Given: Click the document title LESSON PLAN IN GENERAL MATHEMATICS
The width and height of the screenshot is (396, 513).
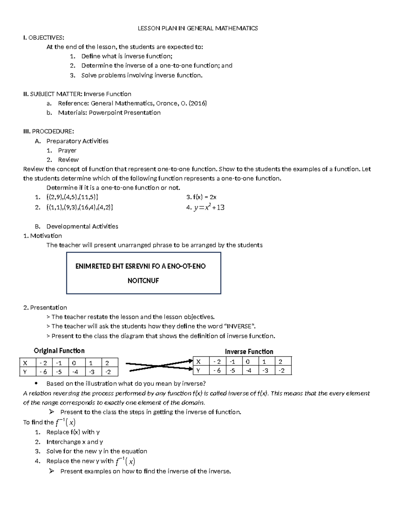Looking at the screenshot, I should (198, 28).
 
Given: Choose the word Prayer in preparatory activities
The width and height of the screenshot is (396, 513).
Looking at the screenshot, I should (67, 151).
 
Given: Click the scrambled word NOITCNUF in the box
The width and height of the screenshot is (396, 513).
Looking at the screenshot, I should (143, 281).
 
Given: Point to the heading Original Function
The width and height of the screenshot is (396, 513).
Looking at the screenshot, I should (59, 351).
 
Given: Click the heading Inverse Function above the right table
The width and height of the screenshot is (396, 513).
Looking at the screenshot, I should (249, 351).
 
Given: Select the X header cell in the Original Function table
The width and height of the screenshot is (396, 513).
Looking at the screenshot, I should (27, 363).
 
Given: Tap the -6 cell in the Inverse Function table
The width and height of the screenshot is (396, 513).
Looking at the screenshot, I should (217, 370).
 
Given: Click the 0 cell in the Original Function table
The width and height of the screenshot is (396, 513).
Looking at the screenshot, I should (77, 363).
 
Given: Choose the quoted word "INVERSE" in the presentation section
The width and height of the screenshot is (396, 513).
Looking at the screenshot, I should (240, 326).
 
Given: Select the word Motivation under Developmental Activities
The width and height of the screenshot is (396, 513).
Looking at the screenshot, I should (46, 236).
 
